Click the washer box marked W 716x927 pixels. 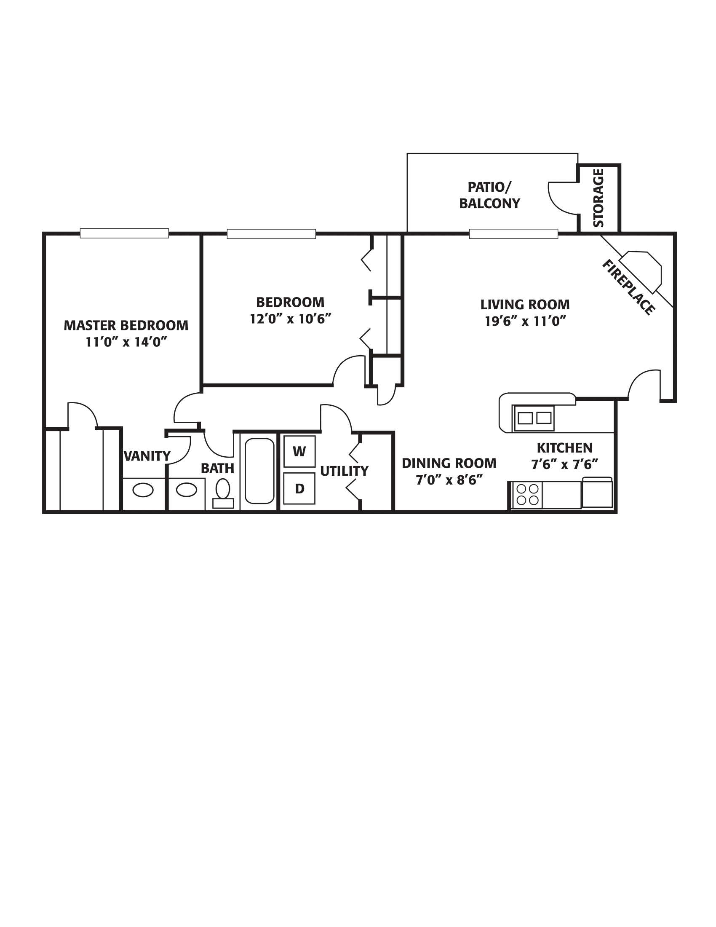pos(299,451)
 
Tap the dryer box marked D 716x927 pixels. pos(299,488)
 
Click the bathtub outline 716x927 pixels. pos(259,471)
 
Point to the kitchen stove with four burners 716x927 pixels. pos(528,495)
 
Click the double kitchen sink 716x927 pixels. pos(534,418)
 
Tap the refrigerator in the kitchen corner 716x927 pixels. pos(597,492)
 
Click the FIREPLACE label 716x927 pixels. pos(628,287)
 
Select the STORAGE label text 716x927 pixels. pos(598,198)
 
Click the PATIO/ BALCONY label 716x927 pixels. pos(489,195)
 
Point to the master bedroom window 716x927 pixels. pos(124,233)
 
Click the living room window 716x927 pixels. pos(513,234)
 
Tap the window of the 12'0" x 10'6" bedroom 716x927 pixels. pos(271,234)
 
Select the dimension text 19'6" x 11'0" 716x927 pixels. pos(525,322)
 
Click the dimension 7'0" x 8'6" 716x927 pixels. pos(449,480)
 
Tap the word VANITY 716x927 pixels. pos(147,456)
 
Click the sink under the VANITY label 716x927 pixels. pos(143,490)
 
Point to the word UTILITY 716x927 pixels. pos(344,471)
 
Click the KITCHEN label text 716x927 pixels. pos(564,448)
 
